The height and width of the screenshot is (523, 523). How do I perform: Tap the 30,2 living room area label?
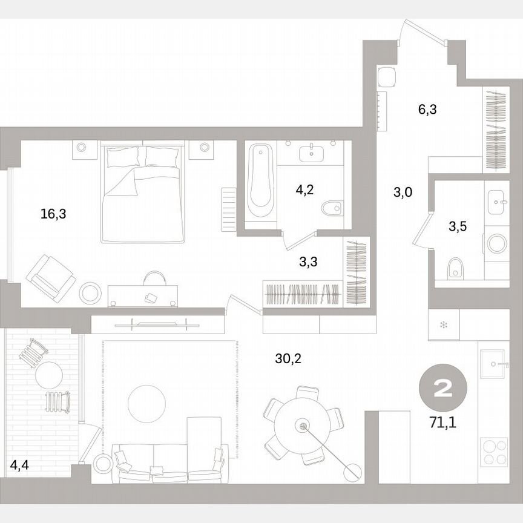point(288,359)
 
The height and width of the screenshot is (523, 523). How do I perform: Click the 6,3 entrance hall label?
point(427,110)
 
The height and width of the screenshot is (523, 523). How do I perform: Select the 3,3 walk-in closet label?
point(309,261)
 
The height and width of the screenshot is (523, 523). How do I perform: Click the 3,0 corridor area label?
point(403,193)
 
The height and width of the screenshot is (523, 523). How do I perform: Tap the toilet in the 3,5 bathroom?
point(456,268)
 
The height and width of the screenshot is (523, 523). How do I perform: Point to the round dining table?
point(301,426)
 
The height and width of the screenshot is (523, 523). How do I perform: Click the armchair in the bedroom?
point(51,277)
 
